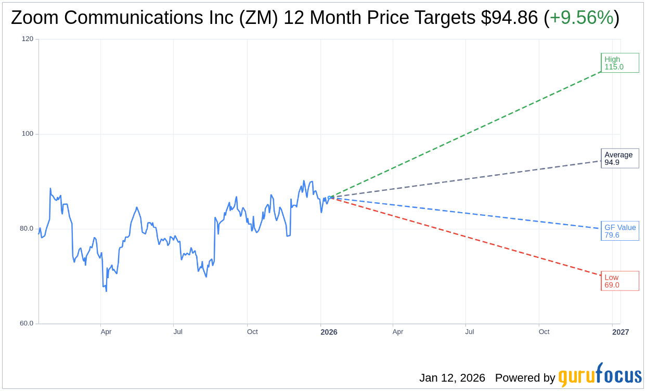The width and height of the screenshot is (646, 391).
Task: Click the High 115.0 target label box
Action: (x=619, y=63)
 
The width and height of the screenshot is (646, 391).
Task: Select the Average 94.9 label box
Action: (x=619, y=159)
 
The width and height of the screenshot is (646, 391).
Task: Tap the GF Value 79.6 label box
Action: (x=619, y=231)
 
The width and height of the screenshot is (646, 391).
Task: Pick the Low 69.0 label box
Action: (x=619, y=281)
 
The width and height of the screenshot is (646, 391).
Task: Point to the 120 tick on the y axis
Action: (x=27, y=39)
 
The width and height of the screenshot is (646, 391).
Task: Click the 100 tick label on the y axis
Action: (x=27, y=134)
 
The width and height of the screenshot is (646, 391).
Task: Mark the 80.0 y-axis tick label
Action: (x=27, y=228)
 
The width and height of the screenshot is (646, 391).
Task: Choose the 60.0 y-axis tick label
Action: (x=27, y=323)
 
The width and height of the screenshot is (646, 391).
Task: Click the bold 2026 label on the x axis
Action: (x=329, y=332)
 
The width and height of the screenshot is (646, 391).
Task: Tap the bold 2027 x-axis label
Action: (x=621, y=332)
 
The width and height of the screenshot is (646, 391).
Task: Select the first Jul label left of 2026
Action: (x=178, y=332)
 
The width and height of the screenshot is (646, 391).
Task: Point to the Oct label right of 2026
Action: (x=544, y=332)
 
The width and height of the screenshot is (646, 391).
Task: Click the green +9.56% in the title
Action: (x=582, y=18)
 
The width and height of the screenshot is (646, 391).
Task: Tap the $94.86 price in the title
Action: (x=509, y=18)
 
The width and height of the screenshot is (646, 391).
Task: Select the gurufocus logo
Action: (x=600, y=375)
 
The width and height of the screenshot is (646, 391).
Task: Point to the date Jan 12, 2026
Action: (x=452, y=378)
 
